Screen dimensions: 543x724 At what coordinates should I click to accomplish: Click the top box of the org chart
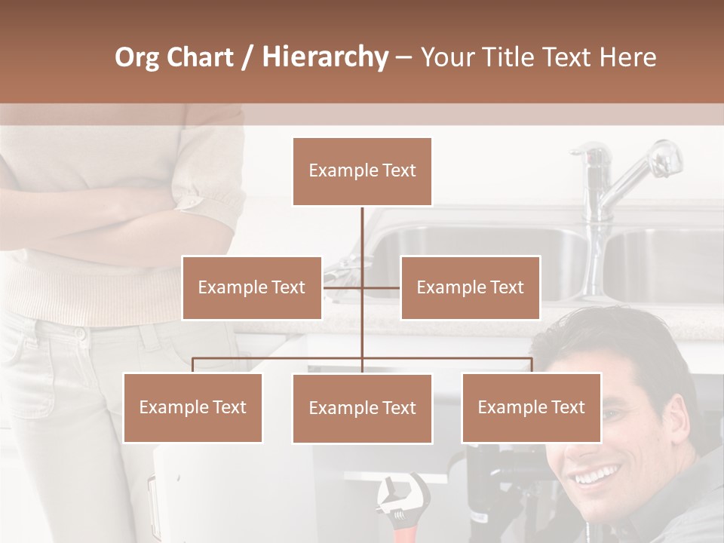click(x=362, y=171)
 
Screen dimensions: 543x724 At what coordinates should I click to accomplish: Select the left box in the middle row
click(x=252, y=287)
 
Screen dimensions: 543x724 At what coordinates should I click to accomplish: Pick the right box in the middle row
click(x=470, y=287)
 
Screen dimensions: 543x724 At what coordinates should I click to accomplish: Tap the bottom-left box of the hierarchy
click(x=193, y=407)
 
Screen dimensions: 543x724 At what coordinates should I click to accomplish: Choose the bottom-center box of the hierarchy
click(x=362, y=409)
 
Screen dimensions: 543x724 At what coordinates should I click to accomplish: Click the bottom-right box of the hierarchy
click(x=531, y=407)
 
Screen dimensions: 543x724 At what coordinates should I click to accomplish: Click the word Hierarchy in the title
click(x=324, y=57)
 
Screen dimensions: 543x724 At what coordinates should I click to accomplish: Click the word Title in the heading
click(x=517, y=57)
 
